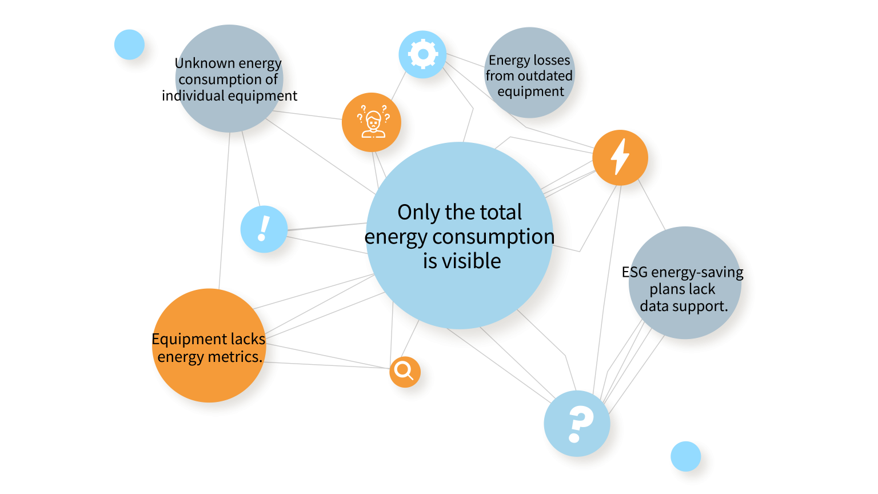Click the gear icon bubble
pos(422,54)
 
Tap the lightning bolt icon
pos(620,157)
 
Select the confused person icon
pos(372,122)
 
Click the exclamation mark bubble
pos(264,229)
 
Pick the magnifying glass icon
pos(405,372)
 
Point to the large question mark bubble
pos(577,424)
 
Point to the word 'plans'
pos(667,289)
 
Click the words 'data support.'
pos(684,306)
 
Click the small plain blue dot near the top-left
pos(129,45)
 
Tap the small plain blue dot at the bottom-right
pos(685,456)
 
